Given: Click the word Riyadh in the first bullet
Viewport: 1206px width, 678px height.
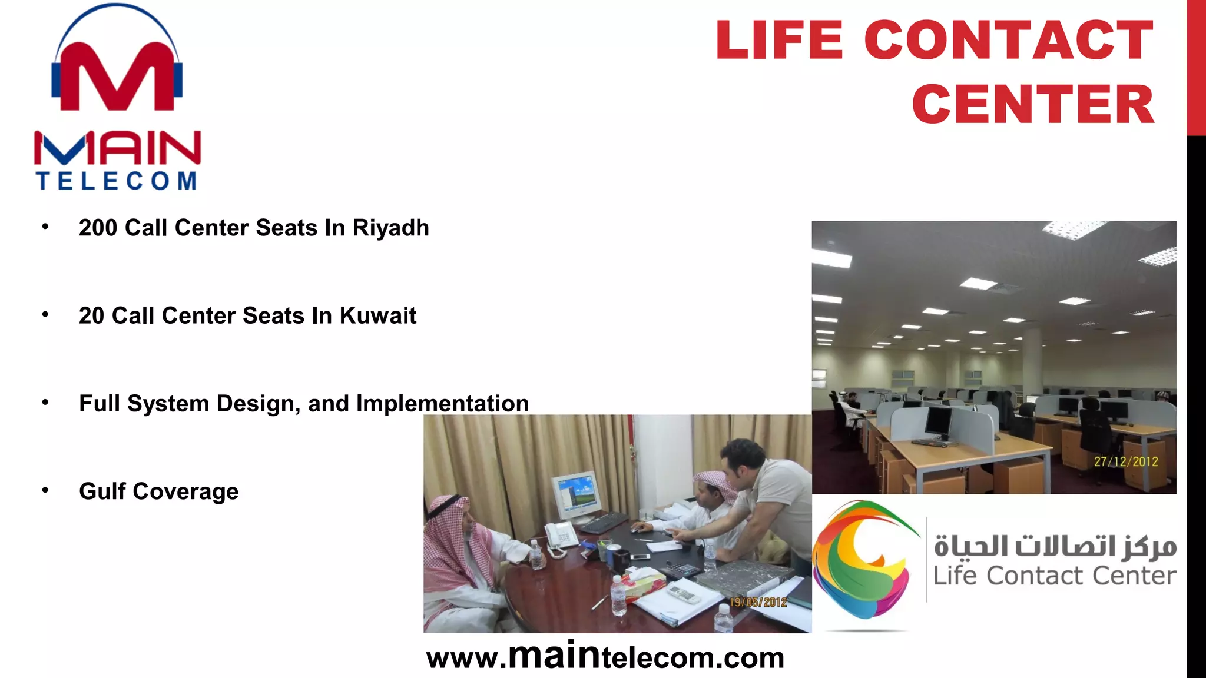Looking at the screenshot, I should coord(390,228).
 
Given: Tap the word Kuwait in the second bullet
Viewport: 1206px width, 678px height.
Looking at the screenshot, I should coord(377,315).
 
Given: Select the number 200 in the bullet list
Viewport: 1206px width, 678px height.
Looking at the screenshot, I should coord(98,228).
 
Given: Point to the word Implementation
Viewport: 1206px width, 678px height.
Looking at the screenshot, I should coord(442,403).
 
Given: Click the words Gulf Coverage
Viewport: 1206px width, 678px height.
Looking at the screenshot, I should coord(158,491).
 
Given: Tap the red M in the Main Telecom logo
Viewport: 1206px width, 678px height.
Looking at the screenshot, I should coord(117,77).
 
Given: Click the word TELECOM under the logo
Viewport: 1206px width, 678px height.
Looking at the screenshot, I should coord(117,181).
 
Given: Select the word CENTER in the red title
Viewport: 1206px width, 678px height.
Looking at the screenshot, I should coord(1033,104).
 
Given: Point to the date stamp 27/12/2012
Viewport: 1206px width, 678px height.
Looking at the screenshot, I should coord(1126,462).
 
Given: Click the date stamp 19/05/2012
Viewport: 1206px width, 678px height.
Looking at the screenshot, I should coord(758,602).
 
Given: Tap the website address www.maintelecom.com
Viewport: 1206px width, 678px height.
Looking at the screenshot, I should coord(605,657).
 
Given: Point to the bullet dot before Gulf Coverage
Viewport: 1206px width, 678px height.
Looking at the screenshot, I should coord(45,490).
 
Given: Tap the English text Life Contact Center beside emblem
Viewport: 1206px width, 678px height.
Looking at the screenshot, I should coord(1055,576).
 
